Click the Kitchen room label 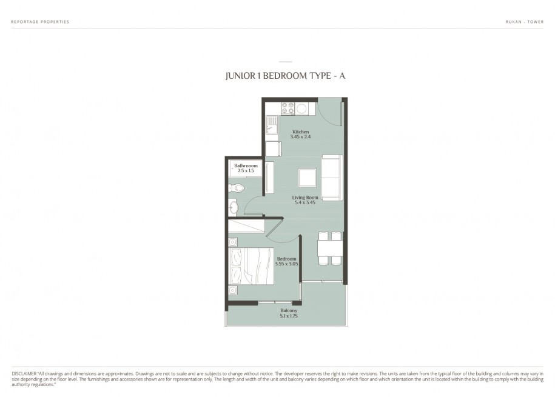coord(300,132)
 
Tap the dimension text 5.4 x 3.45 coord(305,202)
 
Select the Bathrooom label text coord(246,165)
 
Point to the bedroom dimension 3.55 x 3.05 coord(286,264)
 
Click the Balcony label coord(289,311)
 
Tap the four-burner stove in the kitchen coord(288,108)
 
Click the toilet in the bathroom coord(236,188)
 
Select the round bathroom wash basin coord(234,207)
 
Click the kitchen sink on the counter coord(272,124)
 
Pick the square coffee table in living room coord(308,178)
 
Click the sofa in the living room coord(332,177)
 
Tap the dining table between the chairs coord(330,248)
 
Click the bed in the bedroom coord(251,265)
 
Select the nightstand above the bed coord(232,242)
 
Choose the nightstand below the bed coord(232,290)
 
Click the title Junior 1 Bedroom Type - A coord(285,76)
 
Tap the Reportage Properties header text coord(40,22)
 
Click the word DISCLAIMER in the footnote coord(24,373)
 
